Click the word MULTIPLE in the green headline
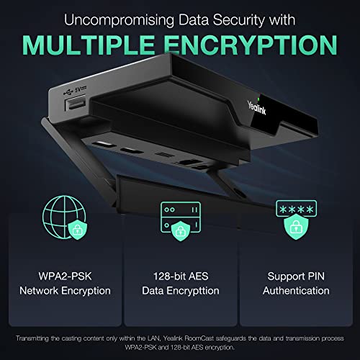[88, 45]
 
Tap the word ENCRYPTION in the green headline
[251, 45]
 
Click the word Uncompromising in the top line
[119, 20]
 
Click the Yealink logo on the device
[256, 108]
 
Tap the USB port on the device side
[75, 103]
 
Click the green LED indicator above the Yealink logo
[258, 99]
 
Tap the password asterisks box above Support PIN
[297, 209]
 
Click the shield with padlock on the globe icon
[78, 230]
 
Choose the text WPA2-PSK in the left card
[65, 276]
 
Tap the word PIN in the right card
[316, 276]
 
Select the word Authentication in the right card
[296, 291]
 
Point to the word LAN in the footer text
[154, 338]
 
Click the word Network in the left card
[39, 291]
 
